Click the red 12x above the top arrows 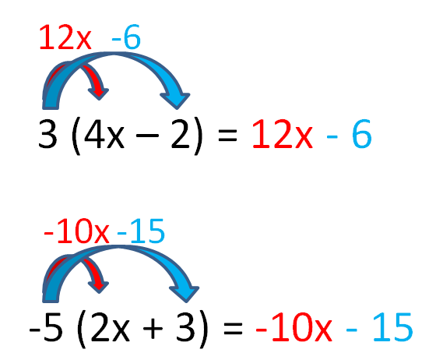[x=65, y=37]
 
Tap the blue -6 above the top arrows [x=126, y=37]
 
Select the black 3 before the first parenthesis [x=47, y=134]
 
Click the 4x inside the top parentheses [x=104, y=134]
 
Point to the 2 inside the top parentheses [x=181, y=134]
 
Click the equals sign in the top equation [x=227, y=135]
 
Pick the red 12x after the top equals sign [x=283, y=134]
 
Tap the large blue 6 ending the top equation [x=361, y=134]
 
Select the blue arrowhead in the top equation [x=176, y=100]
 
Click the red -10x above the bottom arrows [x=76, y=231]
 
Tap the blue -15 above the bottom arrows [x=141, y=231]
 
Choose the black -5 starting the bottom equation [x=46, y=327]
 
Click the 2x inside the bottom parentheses [x=110, y=327]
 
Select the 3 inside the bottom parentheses [x=185, y=327]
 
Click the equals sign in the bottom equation [x=233, y=328]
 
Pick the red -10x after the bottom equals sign [x=294, y=327]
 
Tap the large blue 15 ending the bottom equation [x=393, y=327]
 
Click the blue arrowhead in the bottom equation [x=185, y=294]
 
